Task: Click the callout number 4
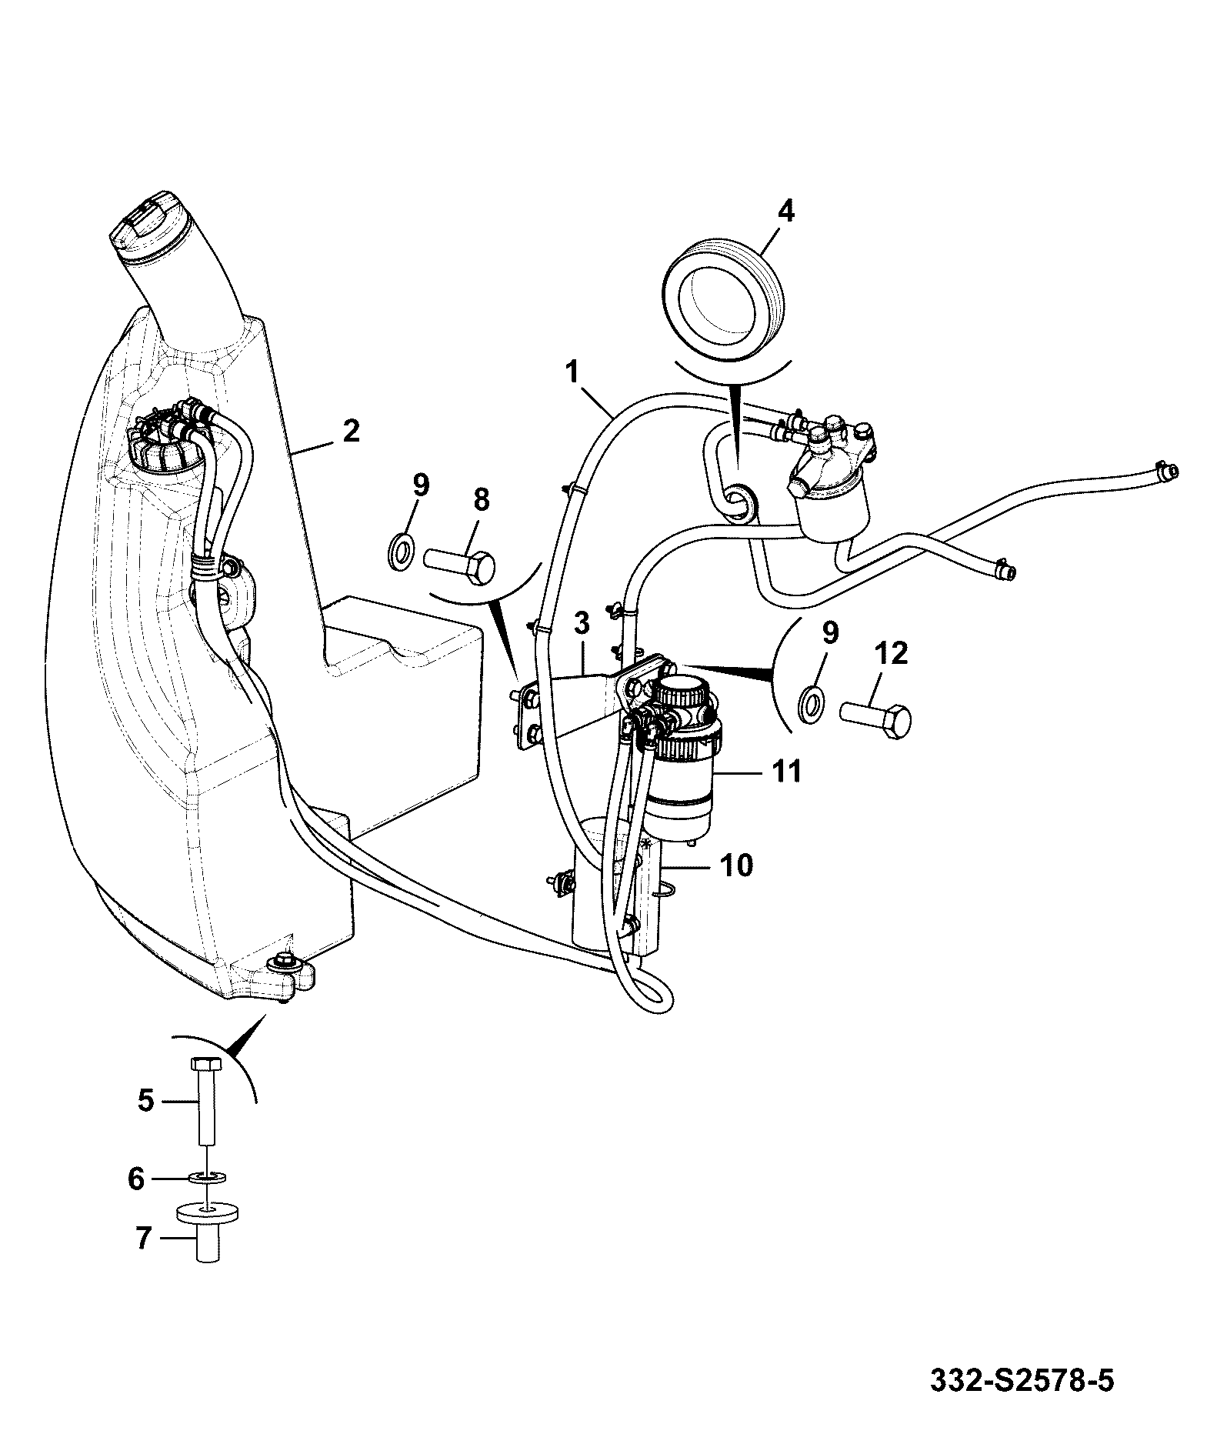(785, 211)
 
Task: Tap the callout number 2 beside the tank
(351, 431)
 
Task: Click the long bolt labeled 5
(205, 1101)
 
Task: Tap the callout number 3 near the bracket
(582, 624)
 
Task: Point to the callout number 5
(146, 1101)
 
